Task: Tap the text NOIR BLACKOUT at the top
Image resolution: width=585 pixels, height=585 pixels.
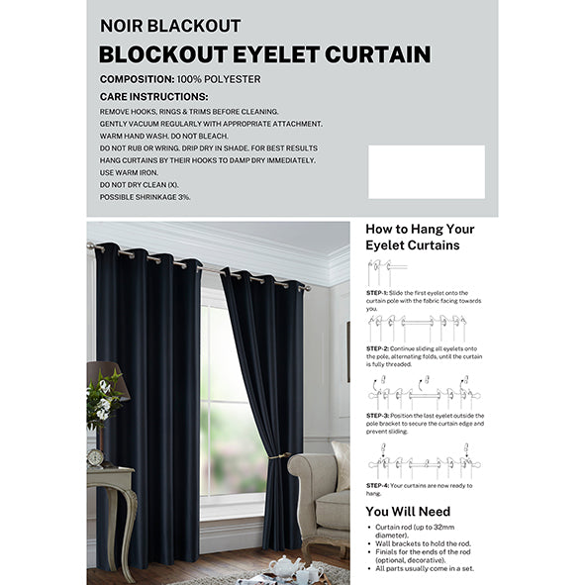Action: (x=170, y=26)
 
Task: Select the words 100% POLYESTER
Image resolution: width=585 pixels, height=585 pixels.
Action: (x=219, y=77)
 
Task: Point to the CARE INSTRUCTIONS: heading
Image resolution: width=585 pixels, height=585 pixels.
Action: (x=153, y=96)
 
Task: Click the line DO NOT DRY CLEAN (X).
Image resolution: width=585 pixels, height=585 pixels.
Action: (x=139, y=184)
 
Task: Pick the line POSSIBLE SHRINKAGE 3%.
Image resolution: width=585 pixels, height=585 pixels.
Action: (x=145, y=197)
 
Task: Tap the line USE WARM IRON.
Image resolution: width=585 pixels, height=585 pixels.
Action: (x=128, y=172)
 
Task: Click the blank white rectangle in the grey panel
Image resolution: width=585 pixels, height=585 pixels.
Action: (x=426, y=171)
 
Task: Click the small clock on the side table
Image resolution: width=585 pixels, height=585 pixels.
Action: (x=96, y=457)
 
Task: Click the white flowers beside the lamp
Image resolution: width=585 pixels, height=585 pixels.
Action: (x=103, y=396)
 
